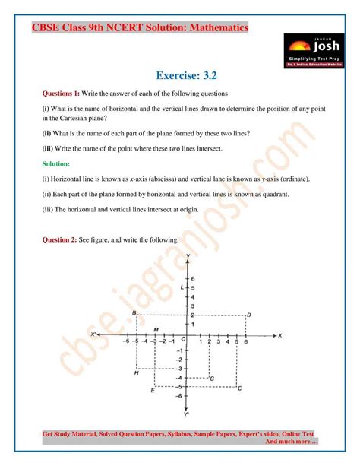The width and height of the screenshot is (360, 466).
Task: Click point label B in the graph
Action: (x=134, y=313)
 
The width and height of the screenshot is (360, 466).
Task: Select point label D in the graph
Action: (x=249, y=315)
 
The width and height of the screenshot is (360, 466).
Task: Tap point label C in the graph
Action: (x=240, y=388)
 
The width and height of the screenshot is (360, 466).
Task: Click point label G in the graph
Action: (x=211, y=378)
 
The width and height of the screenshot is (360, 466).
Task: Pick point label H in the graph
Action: (x=136, y=372)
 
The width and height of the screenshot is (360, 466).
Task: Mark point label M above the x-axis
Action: (x=156, y=329)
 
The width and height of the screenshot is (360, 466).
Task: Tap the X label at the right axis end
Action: (x=279, y=335)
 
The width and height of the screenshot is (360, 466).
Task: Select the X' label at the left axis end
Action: (x=93, y=335)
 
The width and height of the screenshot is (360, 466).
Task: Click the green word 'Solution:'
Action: (x=56, y=163)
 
